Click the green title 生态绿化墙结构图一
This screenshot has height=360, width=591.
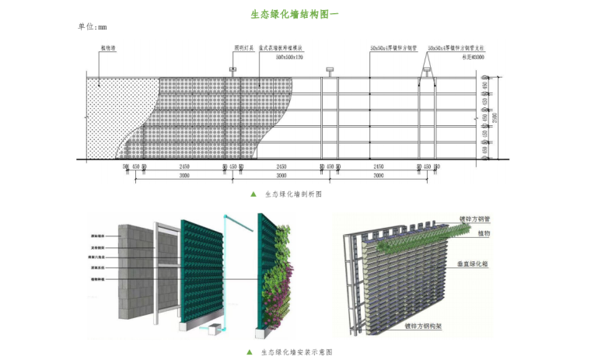click(x=295, y=14)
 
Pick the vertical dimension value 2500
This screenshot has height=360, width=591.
click(x=507, y=117)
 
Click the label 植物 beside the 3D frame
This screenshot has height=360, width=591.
click(x=484, y=233)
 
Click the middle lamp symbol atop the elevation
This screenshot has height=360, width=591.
click(x=330, y=72)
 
